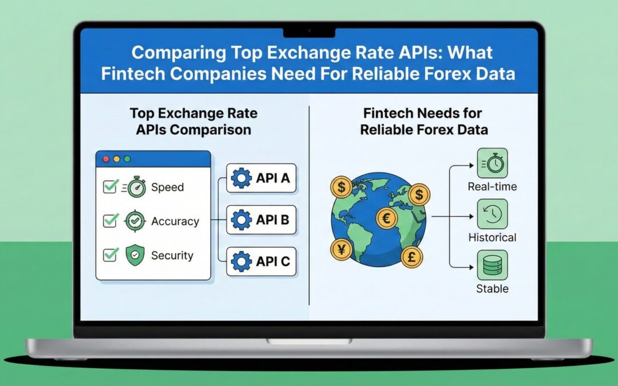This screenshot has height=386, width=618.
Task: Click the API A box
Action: tap(262, 178)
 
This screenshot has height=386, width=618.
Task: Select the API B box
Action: tap(262, 220)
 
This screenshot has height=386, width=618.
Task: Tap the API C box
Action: tap(262, 262)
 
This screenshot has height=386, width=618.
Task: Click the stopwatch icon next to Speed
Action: tap(136, 187)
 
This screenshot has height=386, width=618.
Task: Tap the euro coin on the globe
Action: tap(386, 218)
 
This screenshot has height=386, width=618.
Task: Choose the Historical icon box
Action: tap(492, 214)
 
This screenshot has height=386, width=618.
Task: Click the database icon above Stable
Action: tap(492, 265)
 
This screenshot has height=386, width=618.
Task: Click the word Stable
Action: tap(492, 289)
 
